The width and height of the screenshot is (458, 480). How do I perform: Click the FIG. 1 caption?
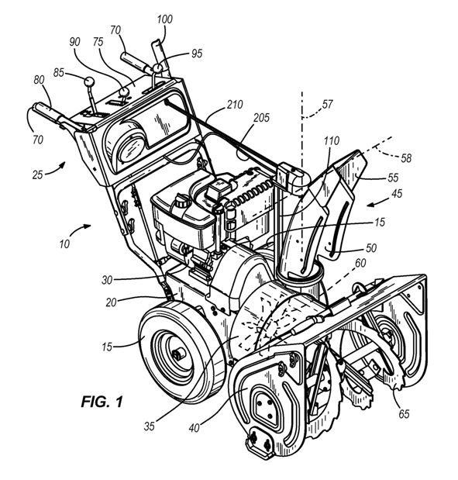(102, 402)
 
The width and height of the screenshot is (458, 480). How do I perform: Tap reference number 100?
(164, 19)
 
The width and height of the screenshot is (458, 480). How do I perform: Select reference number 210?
(235, 105)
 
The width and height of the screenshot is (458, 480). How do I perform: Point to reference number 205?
(262, 118)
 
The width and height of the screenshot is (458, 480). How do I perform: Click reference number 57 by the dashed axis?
(327, 104)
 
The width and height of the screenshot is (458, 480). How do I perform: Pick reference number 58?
(406, 158)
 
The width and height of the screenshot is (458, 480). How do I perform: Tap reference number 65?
(404, 413)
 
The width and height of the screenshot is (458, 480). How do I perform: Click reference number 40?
(195, 428)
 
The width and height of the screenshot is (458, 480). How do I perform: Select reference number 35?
(150, 426)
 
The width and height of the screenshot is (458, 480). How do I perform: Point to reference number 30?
(107, 280)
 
